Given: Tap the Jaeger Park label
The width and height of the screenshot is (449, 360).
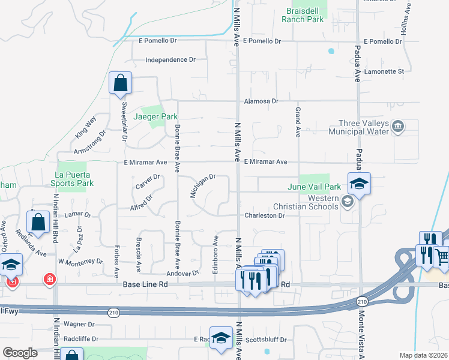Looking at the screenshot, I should point(148,116).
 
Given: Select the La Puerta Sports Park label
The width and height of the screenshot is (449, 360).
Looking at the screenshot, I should point(71,178).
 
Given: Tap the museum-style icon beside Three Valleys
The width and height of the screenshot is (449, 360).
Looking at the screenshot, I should point(397,126).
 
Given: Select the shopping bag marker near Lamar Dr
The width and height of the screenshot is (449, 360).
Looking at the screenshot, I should point(38,222).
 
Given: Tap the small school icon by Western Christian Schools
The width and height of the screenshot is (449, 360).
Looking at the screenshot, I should point(347,202).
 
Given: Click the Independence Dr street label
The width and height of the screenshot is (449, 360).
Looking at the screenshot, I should point(171,60).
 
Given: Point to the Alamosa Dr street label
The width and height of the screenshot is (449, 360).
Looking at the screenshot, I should point(261,101).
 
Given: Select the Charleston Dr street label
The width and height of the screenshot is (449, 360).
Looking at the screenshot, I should point(264,215).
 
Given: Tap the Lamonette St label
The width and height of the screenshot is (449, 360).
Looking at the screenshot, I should point(385,71).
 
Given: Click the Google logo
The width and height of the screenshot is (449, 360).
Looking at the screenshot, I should point(20,353).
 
